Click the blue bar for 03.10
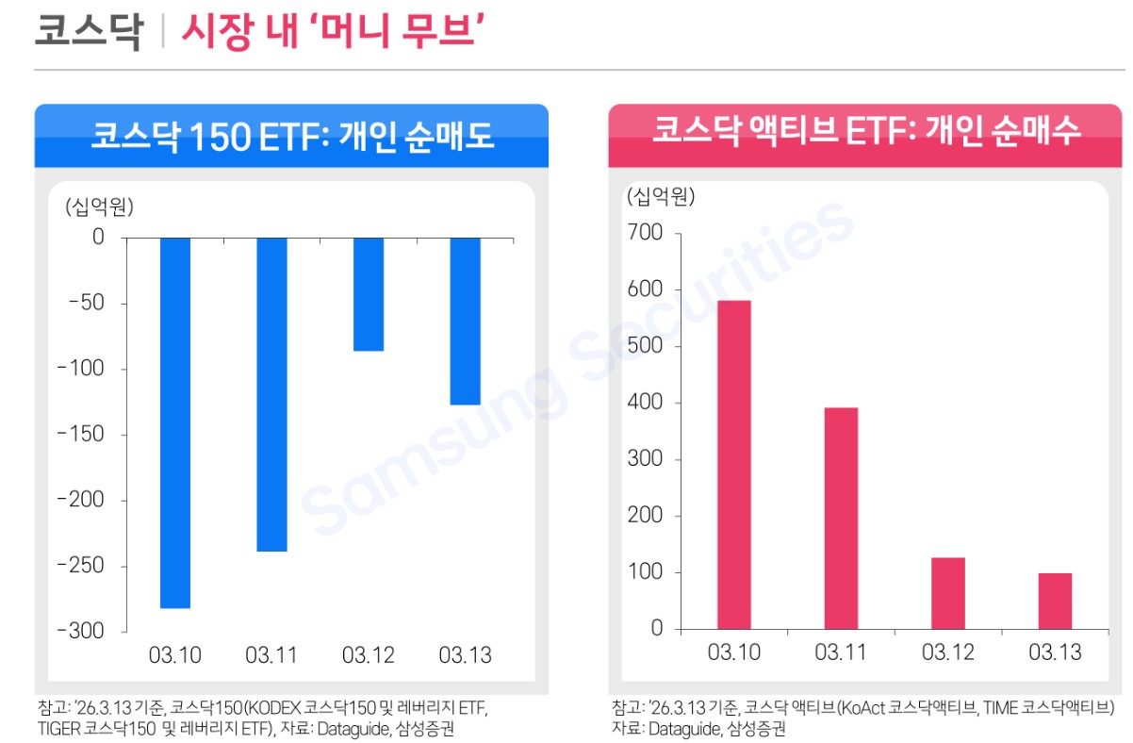[175, 422]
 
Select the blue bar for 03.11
[271, 394]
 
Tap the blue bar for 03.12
[369, 294]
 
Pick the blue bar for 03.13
[465, 321]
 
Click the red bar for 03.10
[733, 464]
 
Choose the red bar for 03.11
[841, 518]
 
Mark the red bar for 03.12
[947, 593]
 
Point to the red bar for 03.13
[1055, 601]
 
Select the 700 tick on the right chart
[644, 233]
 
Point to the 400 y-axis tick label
[644, 403]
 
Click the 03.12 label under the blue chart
[369, 655]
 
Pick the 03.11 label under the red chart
[841, 652]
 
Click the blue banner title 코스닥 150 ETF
[291, 137]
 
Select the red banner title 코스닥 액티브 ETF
[866, 132]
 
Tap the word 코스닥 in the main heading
[88, 31]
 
